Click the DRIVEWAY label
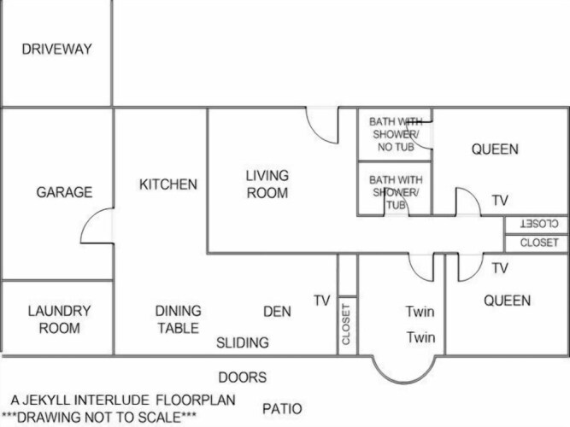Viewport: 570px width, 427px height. tap(56, 49)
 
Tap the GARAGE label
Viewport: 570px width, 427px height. tap(64, 192)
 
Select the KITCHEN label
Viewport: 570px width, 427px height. tap(168, 184)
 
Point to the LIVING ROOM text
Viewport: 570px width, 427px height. tap(267, 184)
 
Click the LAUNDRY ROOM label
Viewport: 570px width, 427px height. tap(60, 319)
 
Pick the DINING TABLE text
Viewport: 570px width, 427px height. tap(178, 319)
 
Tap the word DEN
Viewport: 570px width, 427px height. tap(277, 312)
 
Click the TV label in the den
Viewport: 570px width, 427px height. tap(322, 301)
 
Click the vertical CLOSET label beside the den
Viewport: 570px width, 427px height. tap(346, 325)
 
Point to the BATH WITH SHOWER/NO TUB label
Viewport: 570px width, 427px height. tap(396, 134)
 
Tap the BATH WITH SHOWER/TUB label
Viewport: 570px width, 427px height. tap(396, 192)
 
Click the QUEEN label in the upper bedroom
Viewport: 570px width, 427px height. tap(495, 149)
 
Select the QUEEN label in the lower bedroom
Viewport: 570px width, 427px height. tap(507, 301)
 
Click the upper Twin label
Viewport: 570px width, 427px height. tap(420, 312)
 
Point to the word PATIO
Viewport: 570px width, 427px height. tap(283, 409)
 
